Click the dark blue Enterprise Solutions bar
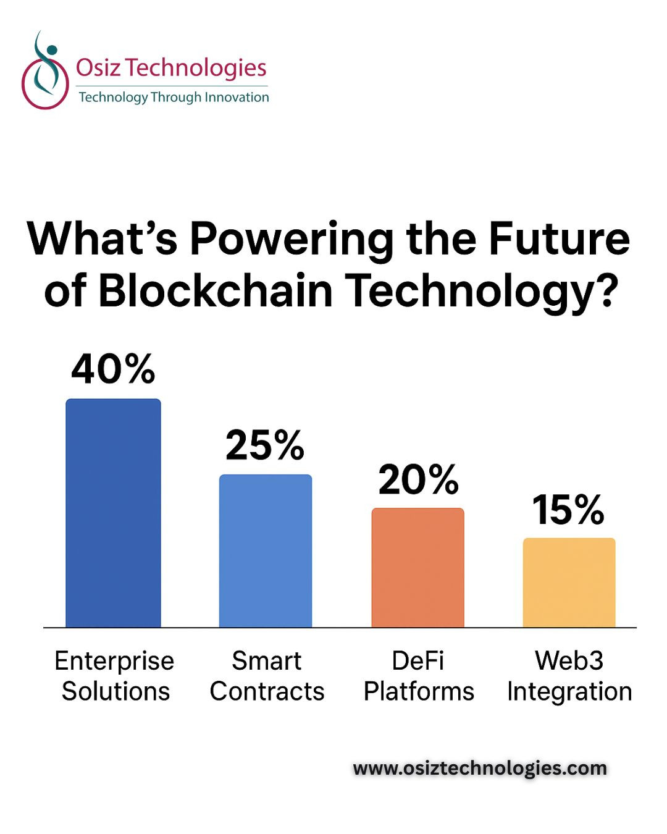[113, 513]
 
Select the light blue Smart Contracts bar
[266, 550]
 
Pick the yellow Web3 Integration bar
[569, 583]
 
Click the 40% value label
[113, 369]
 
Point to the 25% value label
[265, 445]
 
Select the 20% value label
[419, 480]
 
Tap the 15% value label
[569, 510]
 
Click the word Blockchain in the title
[216, 290]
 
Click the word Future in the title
[560, 238]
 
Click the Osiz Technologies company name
[171, 69]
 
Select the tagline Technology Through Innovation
[174, 97]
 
